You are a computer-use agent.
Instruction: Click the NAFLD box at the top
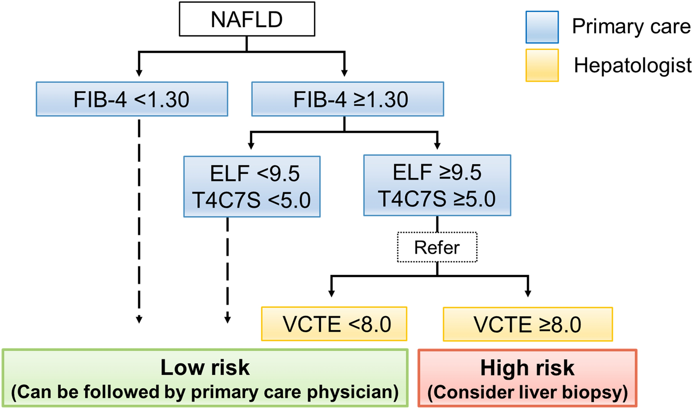coord(247,19)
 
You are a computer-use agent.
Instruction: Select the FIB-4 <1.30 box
coord(132,99)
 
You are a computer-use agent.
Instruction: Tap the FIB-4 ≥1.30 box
coord(347,99)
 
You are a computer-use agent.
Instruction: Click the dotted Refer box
coord(437,247)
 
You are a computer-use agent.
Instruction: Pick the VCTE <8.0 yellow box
coord(334,324)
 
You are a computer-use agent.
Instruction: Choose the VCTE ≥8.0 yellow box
coord(528,324)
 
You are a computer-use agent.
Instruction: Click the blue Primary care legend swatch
coord(542,27)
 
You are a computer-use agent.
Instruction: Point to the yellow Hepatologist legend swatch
coord(542,65)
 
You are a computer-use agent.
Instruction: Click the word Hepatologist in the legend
coord(633,65)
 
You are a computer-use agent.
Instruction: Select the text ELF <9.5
coord(255,174)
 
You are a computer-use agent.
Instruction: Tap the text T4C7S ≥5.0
coord(437,198)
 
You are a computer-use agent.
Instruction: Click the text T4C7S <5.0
coord(252,200)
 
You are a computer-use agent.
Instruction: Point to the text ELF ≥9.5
coord(437,172)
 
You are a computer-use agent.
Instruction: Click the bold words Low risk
coord(205,367)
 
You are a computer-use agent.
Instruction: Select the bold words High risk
coord(527,368)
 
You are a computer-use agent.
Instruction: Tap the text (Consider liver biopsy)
coord(527,392)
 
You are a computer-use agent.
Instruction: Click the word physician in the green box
coord(353,392)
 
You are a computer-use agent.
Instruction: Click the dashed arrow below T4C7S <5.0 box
coord(227,268)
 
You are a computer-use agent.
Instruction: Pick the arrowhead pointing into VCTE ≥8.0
coord(528,294)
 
